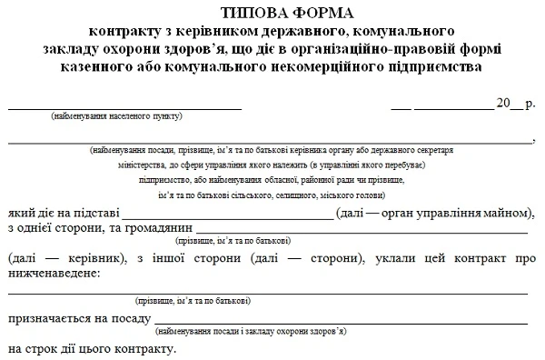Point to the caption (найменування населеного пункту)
coord(117,117)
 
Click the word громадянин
coord(156,227)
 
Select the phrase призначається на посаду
coord(79,320)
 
